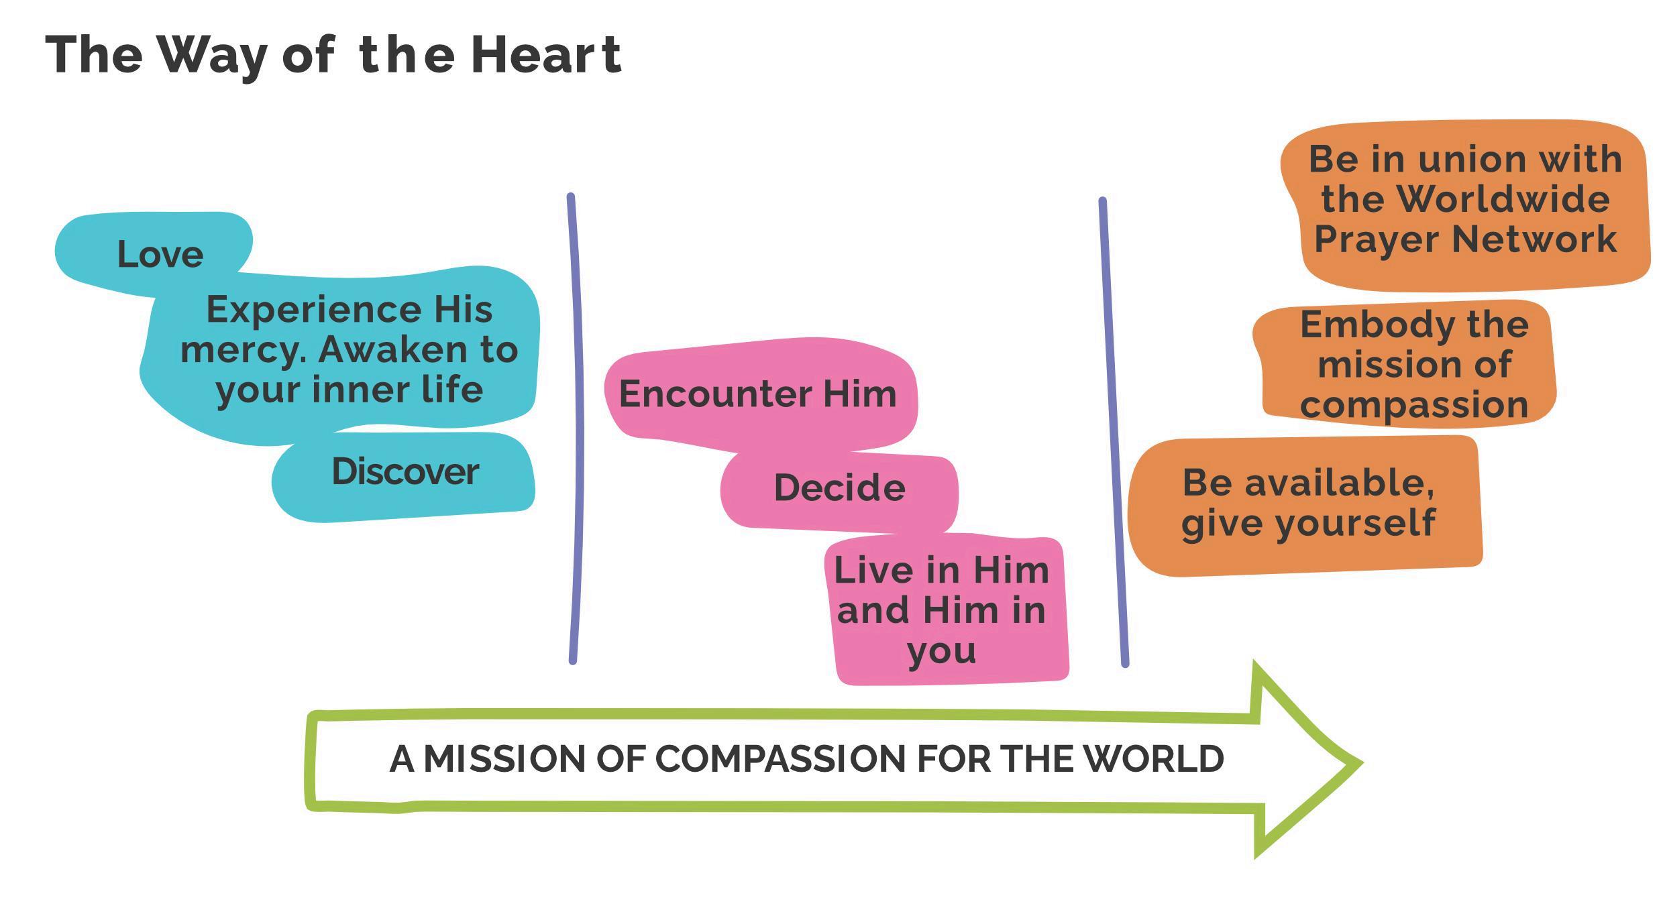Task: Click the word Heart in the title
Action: pyautogui.click(x=546, y=55)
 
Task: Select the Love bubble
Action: pyautogui.click(x=160, y=254)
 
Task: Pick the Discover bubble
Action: pyautogui.click(x=405, y=472)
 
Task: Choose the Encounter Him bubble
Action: pyautogui.click(x=757, y=394)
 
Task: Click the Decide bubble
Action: pyautogui.click(x=839, y=487)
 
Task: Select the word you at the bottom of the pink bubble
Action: pyautogui.click(x=941, y=650)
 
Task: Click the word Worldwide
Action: pyautogui.click(x=1503, y=199)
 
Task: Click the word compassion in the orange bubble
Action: pyautogui.click(x=1414, y=405)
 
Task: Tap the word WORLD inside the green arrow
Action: pyautogui.click(x=1154, y=759)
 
